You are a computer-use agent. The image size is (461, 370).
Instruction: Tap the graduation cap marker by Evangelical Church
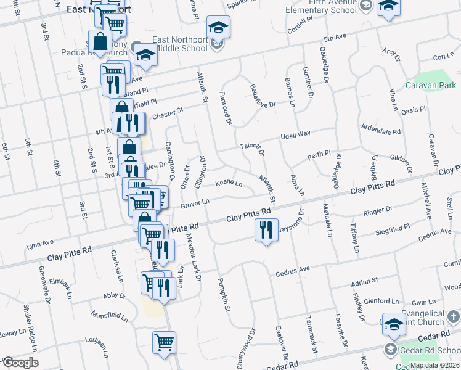394,324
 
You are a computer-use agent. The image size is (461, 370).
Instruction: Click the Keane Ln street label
229,184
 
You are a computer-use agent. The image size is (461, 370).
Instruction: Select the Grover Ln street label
195,202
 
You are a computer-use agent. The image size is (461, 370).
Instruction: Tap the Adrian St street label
364,281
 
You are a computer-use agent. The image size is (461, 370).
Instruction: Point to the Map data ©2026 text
435,365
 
